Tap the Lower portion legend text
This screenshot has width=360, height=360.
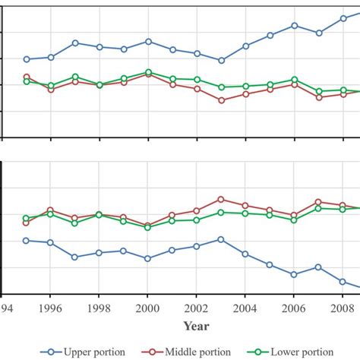click(x=303, y=351)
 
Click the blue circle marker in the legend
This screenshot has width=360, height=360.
click(x=51, y=351)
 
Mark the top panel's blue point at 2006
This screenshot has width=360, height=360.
click(x=294, y=26)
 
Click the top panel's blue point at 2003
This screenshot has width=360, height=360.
click(x=221, y=61)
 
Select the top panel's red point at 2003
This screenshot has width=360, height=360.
click(x=221, y=100)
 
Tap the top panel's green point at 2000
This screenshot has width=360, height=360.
click(x=148, y=72)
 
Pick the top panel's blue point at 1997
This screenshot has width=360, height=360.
click(x=75, y=43)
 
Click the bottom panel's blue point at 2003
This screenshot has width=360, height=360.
click(x=221, y=239)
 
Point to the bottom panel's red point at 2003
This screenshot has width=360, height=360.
click(x=221, y=199)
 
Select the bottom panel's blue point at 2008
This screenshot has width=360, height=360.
click(x=343, y=281)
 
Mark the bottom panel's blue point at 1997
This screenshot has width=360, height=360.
click(x=75, y=257)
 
